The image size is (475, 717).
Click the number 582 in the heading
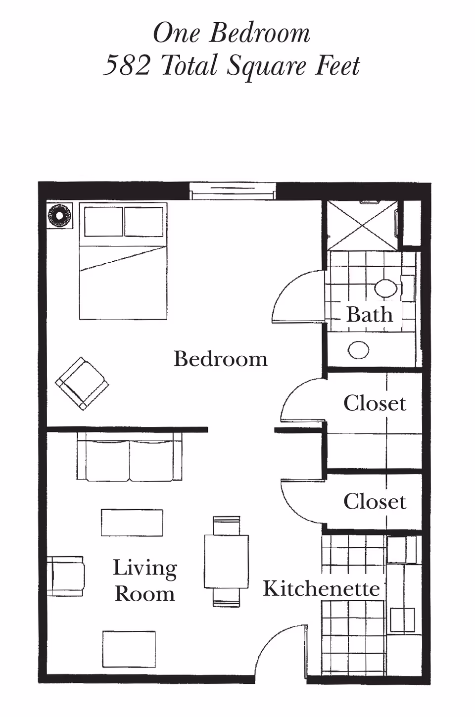click(x=127, y=66)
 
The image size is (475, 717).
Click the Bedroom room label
click(x=220, y=359)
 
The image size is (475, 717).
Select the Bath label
click(x=369, y=315)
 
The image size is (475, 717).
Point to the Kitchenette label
click(x=321, y=588)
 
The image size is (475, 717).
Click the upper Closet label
click(x=375, y=403)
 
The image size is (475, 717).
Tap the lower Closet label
click(x=375, y=502)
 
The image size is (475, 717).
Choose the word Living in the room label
click(x=144, y=568)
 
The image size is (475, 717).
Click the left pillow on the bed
click(x=103, y=222)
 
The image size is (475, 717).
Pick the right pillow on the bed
click(x=143, y=222)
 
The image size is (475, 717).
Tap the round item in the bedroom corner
click(x=59, y=216)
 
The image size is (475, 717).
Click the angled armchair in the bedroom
click(x=82, y=383)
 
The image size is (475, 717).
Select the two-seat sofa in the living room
click(x=129, y=457)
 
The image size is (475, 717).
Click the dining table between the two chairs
click(x=226, y=562)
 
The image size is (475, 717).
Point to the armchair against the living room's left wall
click(x=65, y=575)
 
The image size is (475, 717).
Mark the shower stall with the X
click(x=363, y=225)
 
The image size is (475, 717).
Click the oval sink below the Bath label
click(x=358, y=350)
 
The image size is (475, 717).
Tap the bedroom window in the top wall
click(x=233, y=191)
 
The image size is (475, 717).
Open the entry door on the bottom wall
click(x=281, y=653)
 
